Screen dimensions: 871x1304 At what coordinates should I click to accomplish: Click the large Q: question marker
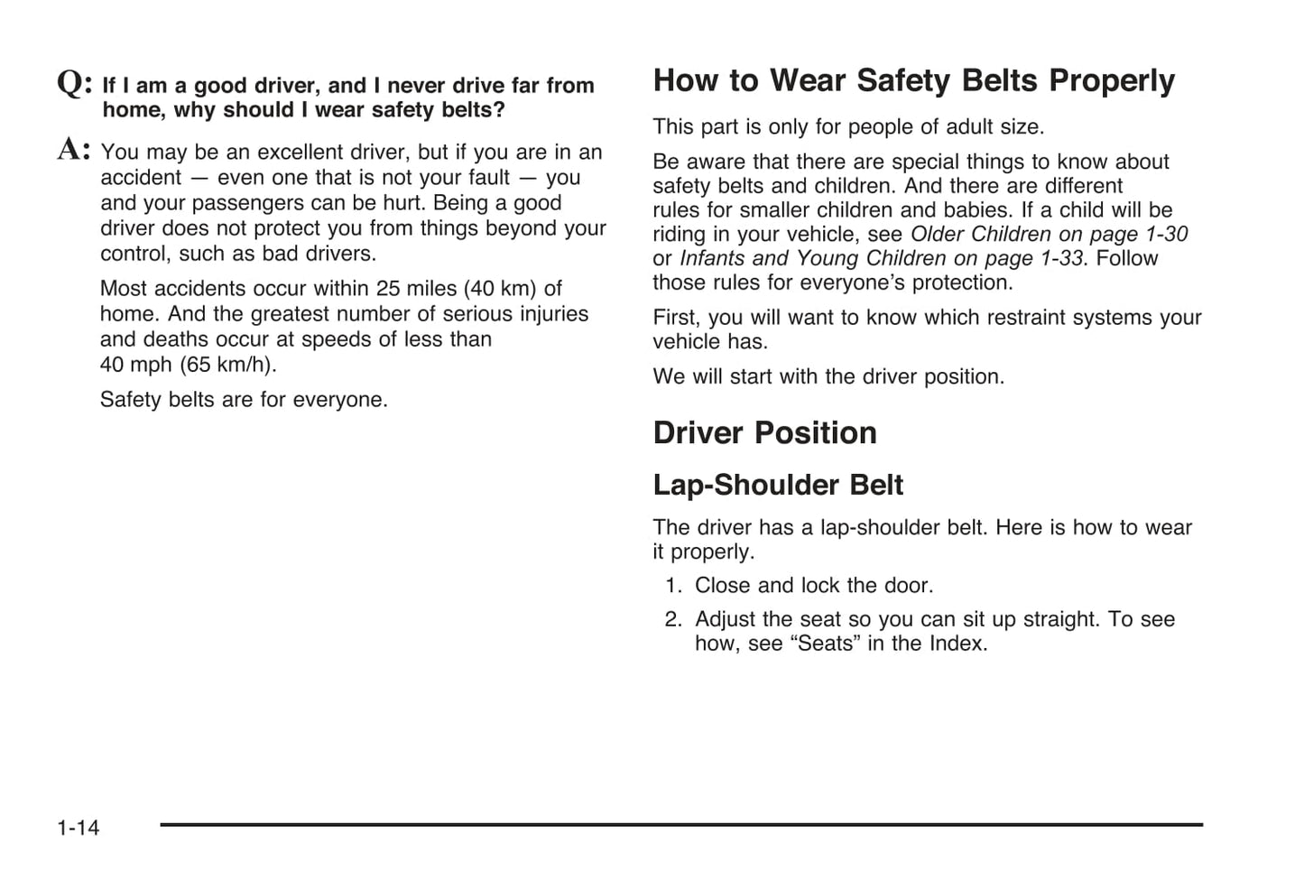74,84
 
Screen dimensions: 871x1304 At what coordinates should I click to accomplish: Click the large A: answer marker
74,150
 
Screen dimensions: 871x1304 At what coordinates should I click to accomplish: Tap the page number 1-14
79,828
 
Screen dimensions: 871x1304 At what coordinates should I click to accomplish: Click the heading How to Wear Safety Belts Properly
913,81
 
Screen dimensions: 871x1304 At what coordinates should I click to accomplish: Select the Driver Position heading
764,433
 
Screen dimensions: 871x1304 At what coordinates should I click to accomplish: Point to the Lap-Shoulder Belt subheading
777,486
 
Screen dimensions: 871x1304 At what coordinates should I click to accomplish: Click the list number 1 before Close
672,586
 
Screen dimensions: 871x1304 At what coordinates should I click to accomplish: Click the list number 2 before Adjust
672,620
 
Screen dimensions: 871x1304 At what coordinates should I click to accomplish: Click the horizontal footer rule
681,824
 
